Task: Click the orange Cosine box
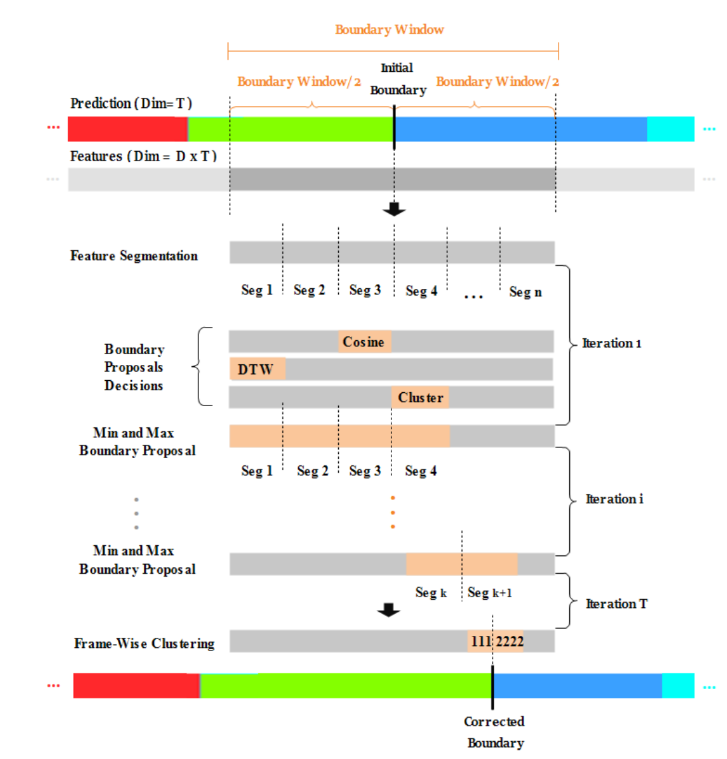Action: [364, 342]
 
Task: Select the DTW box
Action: [257, 369]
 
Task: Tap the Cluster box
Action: [420, 397]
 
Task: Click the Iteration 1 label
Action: [611, 344]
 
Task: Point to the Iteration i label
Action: [614, 499]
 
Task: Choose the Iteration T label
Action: [616, 604]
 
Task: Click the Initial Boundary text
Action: [397, 79]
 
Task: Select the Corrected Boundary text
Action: [495, 732]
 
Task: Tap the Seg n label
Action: [525, 292]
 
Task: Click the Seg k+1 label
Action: [489, 593]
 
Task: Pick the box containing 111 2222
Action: [496, 641]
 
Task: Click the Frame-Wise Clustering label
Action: [144, 643]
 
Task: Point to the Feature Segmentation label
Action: [134, 256]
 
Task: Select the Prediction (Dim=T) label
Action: [131, 103]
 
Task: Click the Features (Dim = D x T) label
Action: [143, 156]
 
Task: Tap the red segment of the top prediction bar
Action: [127, 129]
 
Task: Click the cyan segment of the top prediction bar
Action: [670, 129]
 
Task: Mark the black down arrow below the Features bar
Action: [394, 208]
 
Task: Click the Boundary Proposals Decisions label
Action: [134, 368]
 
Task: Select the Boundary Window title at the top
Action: [389, 29]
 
